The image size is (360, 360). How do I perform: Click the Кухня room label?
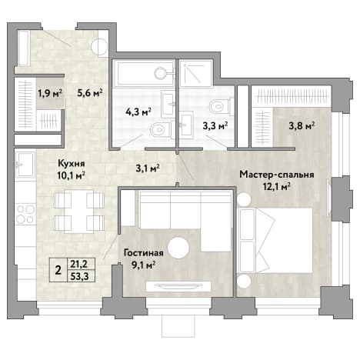click(x=71, y=163)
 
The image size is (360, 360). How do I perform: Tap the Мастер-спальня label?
click(x=277, y=175)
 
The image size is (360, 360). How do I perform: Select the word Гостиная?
click(x=144, y=253)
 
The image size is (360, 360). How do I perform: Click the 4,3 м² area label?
click(x=138, y=112)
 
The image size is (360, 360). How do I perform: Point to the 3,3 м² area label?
click(x=215, y=126)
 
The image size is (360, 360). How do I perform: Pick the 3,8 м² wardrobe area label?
click(x=302, y=126)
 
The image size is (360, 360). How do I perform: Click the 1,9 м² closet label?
click(x=50, y=93)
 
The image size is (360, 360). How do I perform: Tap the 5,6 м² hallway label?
click(x=90, y=93)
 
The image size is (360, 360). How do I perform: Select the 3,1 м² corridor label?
click(x=148, y=168)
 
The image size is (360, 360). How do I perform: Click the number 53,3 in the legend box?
click(x=81, y=276)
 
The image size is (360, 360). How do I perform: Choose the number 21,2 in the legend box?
click(x=81, y=263)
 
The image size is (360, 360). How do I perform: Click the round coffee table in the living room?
click(x=178, y=248)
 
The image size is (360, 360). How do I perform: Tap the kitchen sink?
click(x=25, y=165)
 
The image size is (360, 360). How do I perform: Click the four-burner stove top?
click(x=25, y=214)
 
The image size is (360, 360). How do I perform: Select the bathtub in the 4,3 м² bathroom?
click(x=145, y=73)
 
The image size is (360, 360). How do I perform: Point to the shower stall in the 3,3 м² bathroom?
click(x=196, y=73)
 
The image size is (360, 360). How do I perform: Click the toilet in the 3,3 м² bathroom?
click(x=221, y=106)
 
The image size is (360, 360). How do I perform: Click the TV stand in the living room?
click(x=178, y=286)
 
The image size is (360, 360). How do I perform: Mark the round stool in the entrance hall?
click(x=99, y=47)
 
